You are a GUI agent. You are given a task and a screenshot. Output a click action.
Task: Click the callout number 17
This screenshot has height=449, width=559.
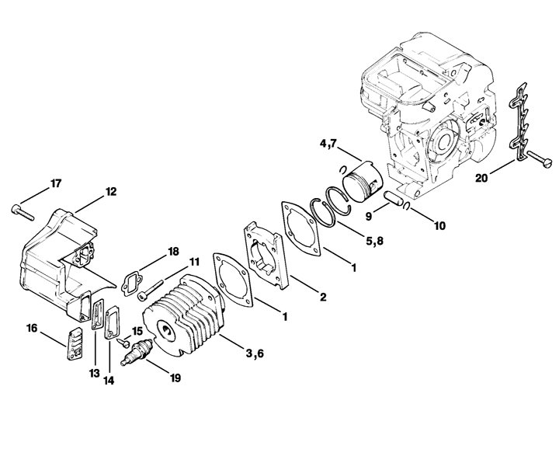coord(56,183)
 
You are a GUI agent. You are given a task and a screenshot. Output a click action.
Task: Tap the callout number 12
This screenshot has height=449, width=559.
coord(110,192)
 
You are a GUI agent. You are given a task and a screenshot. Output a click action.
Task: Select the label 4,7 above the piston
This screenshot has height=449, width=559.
coord(328,144)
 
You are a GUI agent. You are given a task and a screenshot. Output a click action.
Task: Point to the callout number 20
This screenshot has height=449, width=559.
coord(481,178)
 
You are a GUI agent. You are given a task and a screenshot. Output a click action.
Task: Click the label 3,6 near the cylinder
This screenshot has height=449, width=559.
coord(255,353)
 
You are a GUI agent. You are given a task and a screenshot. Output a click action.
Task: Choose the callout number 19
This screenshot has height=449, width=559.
coord(175,378)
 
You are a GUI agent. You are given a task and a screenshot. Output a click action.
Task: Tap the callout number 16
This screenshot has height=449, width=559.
coord(32,328)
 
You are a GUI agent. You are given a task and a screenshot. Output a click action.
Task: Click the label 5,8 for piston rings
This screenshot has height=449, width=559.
coord(374,241)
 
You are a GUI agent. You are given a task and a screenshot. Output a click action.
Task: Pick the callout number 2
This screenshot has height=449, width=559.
coord(323,297)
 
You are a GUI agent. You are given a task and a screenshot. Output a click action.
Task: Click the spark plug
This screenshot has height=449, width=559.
coord(137,352)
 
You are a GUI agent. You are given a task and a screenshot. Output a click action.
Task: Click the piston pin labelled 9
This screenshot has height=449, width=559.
coord(393,197)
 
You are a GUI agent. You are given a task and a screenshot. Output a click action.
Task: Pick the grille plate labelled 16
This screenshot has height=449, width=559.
coord(75,343)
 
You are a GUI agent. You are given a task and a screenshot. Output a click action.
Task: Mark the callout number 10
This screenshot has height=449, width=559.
coord(440,226)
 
